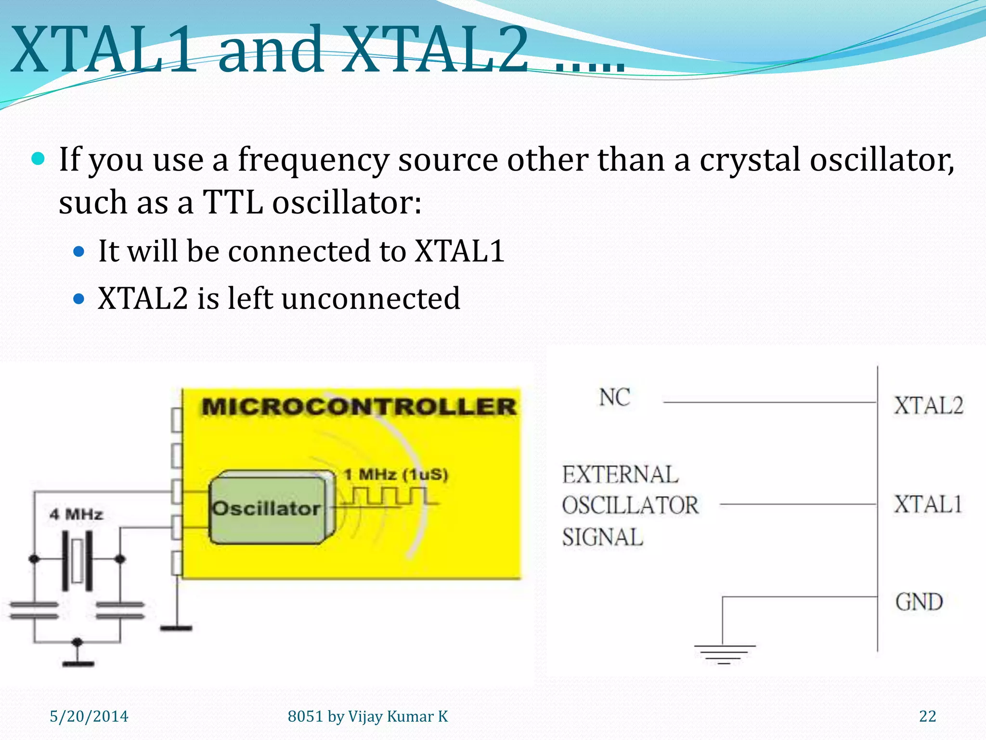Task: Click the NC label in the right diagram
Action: pyautogui.click(x=614, y=398)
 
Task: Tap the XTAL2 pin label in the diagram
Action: pyautogui.click(x=928, y=406)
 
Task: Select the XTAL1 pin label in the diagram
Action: pyautogui.click(x=928, y=505)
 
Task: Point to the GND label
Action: pyautogui.click(x=919, y=602)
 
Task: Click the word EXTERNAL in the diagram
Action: pyautogui.click(x=620, y=475)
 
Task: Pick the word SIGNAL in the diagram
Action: pyautogui.click(x=602, y=538)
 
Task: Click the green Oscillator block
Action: pyautogui.click(x=268, y=509)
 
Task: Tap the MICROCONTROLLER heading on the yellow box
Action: pyautogui.click(x=359, y=407)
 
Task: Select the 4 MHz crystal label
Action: pyautogui.click(x=76, y=515)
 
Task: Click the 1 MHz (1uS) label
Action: pyautogui.click(x=396, y=475)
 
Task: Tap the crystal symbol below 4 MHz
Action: pyautogui.click(x=77, y=560)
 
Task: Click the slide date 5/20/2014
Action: pyautogui.click(x=89, y=716)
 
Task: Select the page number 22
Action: pyautogui.click(x=927, y=716)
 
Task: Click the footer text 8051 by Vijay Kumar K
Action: pyautogui.click(x=367, y=716)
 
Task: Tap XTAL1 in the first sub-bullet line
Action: pyautogui.click(x=459, y=251)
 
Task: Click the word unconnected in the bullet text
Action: pyautogui.click(x=371, y=299)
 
